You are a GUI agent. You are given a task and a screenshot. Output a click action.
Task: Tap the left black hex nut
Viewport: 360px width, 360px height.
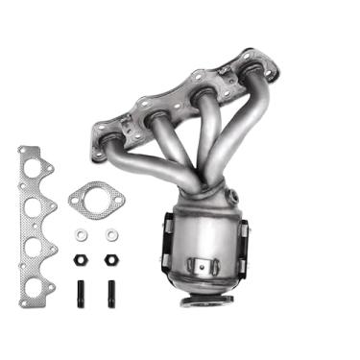coord(81,259)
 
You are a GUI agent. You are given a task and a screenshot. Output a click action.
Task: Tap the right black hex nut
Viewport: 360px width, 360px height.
coord(109,259)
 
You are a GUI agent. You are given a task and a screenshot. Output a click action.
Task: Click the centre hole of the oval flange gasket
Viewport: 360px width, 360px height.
coord(96,199)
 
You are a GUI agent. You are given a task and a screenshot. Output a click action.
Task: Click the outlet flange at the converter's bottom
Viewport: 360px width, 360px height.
coord(207,300)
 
